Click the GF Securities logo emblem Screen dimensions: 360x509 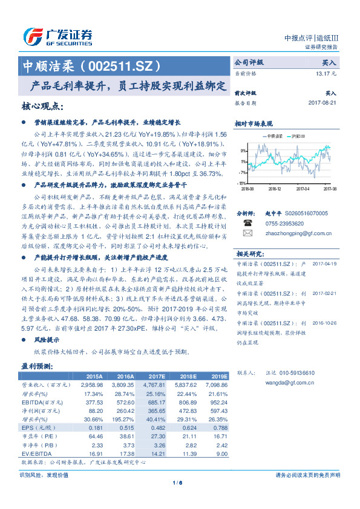(31, 36)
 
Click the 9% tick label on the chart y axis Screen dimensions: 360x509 (242, 150)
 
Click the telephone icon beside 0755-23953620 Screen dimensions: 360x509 (247, 222)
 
